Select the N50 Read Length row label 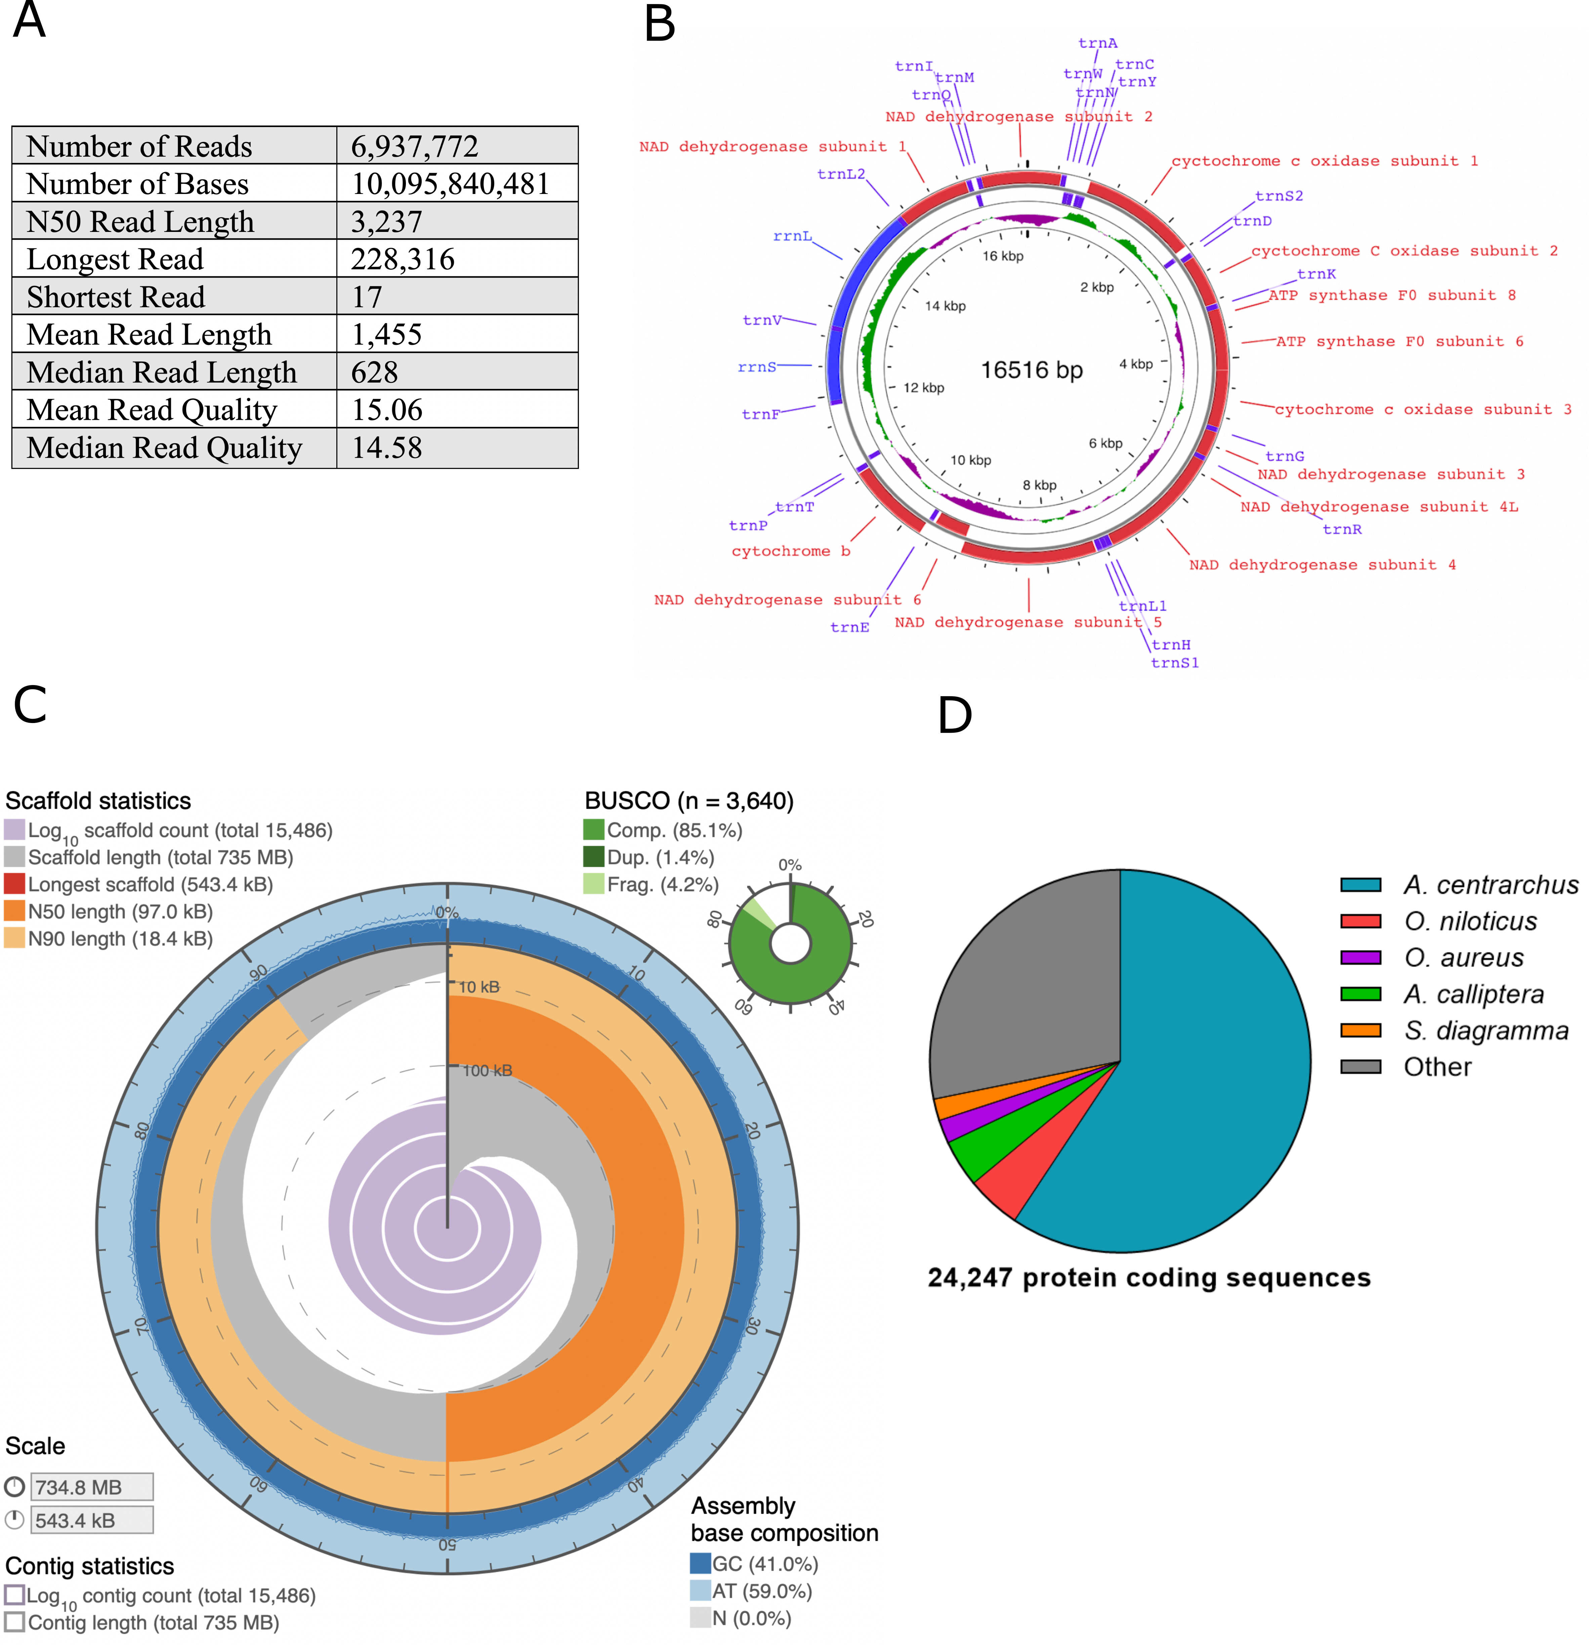click(140, 222)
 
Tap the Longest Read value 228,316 click(403, 259)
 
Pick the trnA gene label click(1097, 43)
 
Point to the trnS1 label click(1175, 663)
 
